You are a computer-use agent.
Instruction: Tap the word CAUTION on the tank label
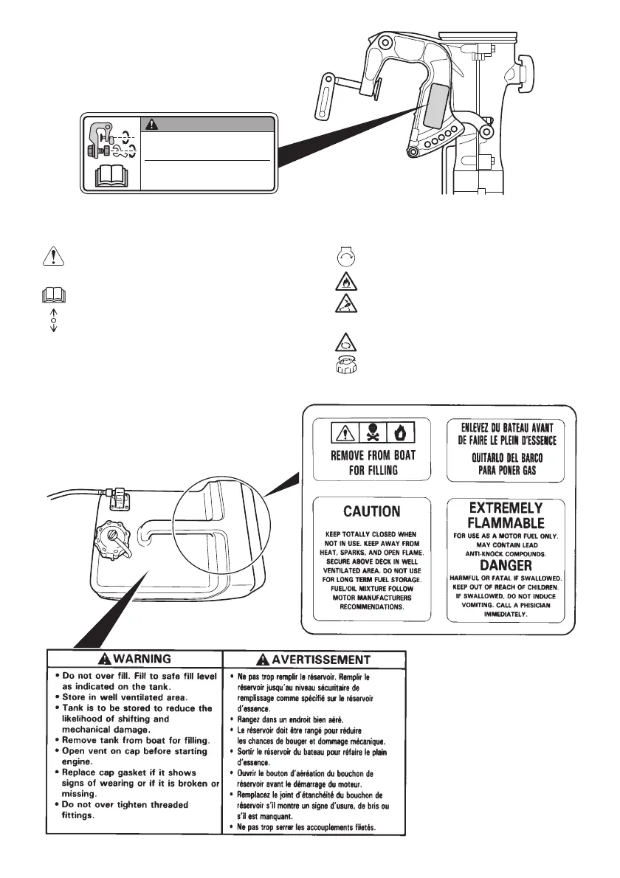[372, 511]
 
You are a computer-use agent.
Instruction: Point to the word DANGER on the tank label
[506, 564]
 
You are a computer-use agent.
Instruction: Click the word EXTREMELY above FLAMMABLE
[506, 508]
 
